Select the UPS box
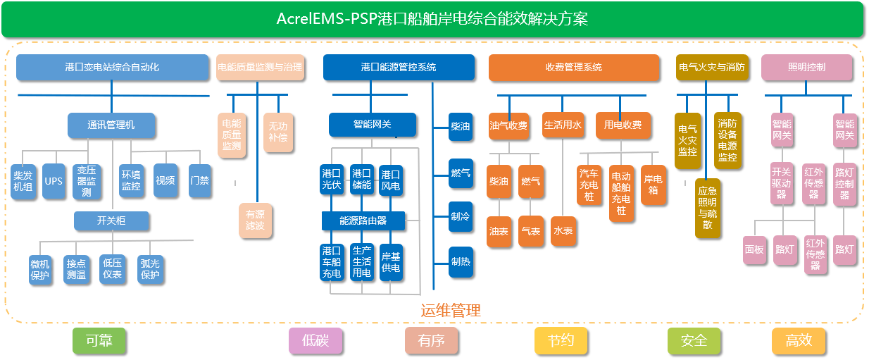point(54,180)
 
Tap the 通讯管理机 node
point(111,125)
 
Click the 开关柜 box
point(111,221)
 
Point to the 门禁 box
point(199,180)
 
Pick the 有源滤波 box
point(255,219)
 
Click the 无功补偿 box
point(277,132)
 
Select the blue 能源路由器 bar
point(363,221)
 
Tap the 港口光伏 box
point(332,180)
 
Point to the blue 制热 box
point(461,261)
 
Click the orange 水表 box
point(563,231)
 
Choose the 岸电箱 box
point(654,185)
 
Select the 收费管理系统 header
point(574,68)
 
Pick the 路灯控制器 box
point(844,185)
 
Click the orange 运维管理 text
point(451,311)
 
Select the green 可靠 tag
point(99,341)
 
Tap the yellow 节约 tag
point(561,341)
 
